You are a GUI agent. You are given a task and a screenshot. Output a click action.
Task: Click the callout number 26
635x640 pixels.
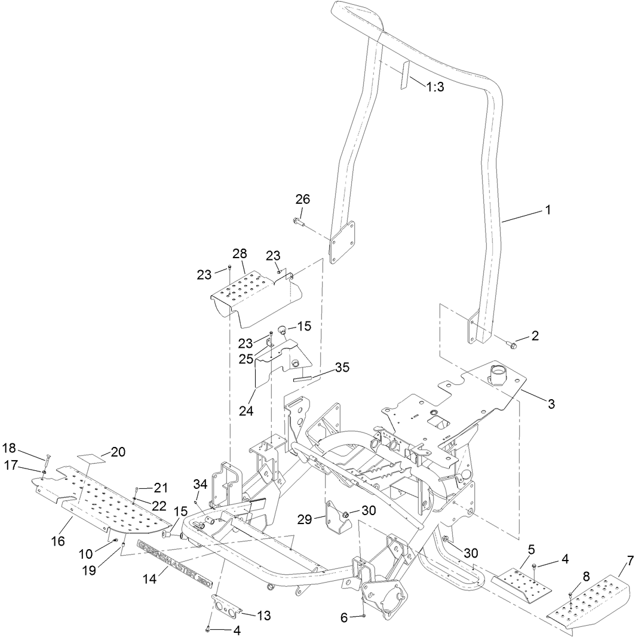(303, 199)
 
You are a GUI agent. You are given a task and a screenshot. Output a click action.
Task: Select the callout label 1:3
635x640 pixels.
(434, 87)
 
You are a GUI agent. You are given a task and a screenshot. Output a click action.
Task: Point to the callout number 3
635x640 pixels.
(550, 405)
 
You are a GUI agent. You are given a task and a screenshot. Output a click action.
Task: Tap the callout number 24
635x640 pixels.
(246, 412)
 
